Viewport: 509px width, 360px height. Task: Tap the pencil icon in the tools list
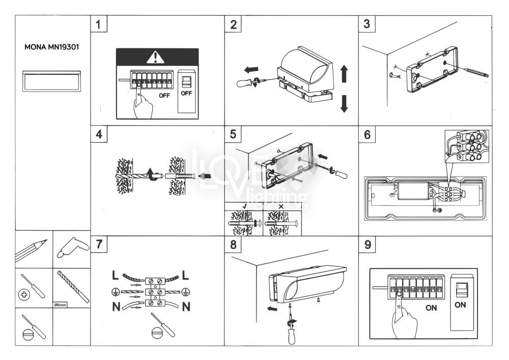(34, 250)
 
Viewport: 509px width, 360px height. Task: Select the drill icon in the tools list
(71, 248)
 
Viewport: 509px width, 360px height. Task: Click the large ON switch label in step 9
(460, 306)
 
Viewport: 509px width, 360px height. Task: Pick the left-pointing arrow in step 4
(205, 177)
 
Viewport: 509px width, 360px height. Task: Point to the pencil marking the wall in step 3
(476, 72)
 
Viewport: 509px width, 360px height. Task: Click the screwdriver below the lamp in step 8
(292, 325)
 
